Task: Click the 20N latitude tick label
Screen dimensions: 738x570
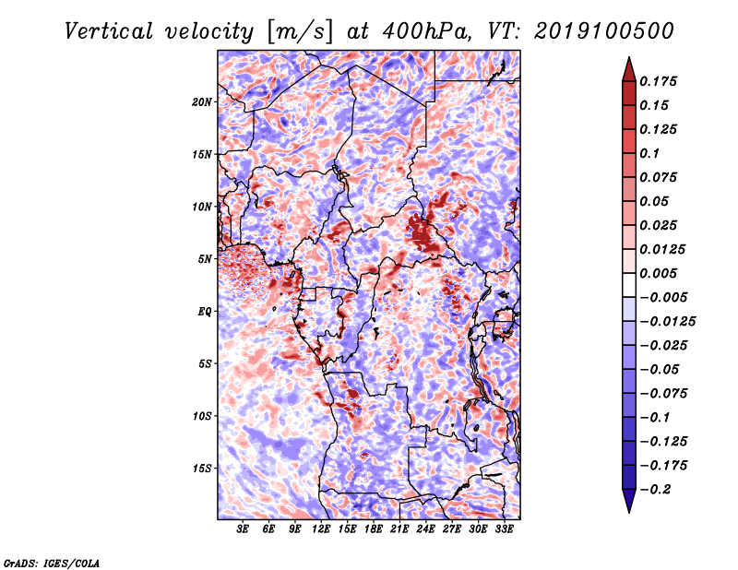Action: (202, 102)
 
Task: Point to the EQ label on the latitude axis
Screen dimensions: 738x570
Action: (204, 312)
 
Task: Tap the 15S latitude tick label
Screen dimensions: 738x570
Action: (202, 469)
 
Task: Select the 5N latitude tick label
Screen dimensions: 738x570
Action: (205, 259)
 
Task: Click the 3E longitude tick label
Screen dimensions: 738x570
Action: (243, 529)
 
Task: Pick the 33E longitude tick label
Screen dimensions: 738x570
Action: (504, 529)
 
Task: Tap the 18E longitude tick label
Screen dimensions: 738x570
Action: (374, 529)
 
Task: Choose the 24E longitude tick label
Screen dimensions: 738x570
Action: (425, 529)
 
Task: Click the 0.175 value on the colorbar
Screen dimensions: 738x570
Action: (658, 81)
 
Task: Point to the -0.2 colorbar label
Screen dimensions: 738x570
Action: (655, 490)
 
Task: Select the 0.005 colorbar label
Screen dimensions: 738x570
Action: (658, 273)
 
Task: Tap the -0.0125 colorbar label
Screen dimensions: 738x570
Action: (667, 322)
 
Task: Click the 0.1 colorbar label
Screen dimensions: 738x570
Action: (649, 153)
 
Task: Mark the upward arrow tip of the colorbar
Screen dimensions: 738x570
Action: (629, 57)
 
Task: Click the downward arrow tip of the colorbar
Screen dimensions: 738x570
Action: (629, 512)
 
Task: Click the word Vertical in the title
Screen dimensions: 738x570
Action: (108, 31)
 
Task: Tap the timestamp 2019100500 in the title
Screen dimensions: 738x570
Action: (604, 31)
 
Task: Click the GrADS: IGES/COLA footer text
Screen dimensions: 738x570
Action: (52, 564)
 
